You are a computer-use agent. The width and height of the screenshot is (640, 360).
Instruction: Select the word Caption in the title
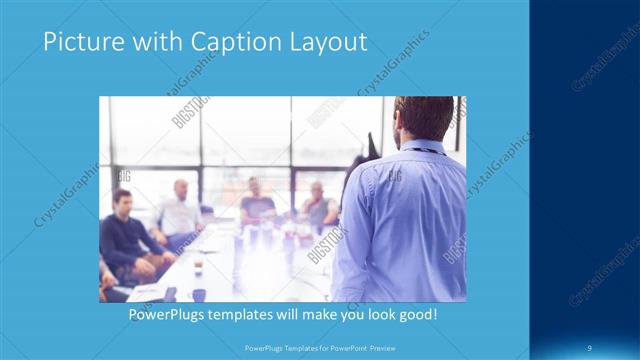pos(226,42)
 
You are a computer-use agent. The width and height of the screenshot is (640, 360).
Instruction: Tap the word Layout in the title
pos(325,42)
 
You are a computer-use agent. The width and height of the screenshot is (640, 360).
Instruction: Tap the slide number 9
pos(591,347)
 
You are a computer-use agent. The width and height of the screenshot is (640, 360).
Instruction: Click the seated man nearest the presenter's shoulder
pos(319,207)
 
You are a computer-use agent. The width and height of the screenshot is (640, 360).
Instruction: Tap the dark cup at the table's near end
pos(199,295)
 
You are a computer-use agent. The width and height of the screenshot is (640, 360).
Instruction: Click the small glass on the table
pos(199,264)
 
